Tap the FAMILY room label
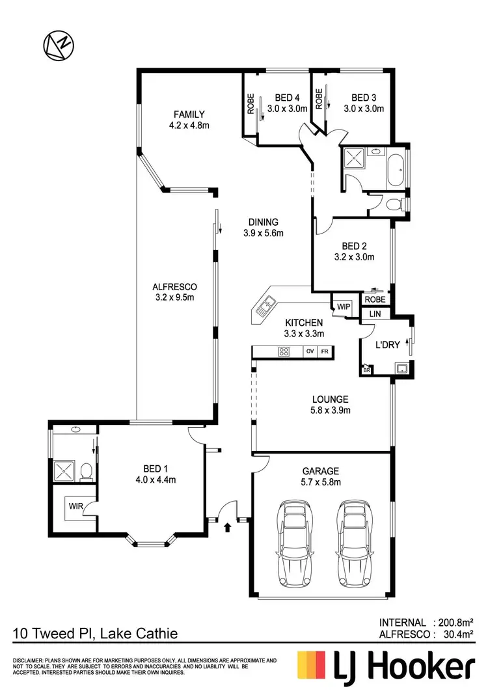tap(189, 114)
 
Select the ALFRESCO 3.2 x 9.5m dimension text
tap(174, 297)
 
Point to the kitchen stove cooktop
tap(284, 352)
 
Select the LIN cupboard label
tap(375, 314)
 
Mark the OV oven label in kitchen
tap(310, 352)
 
